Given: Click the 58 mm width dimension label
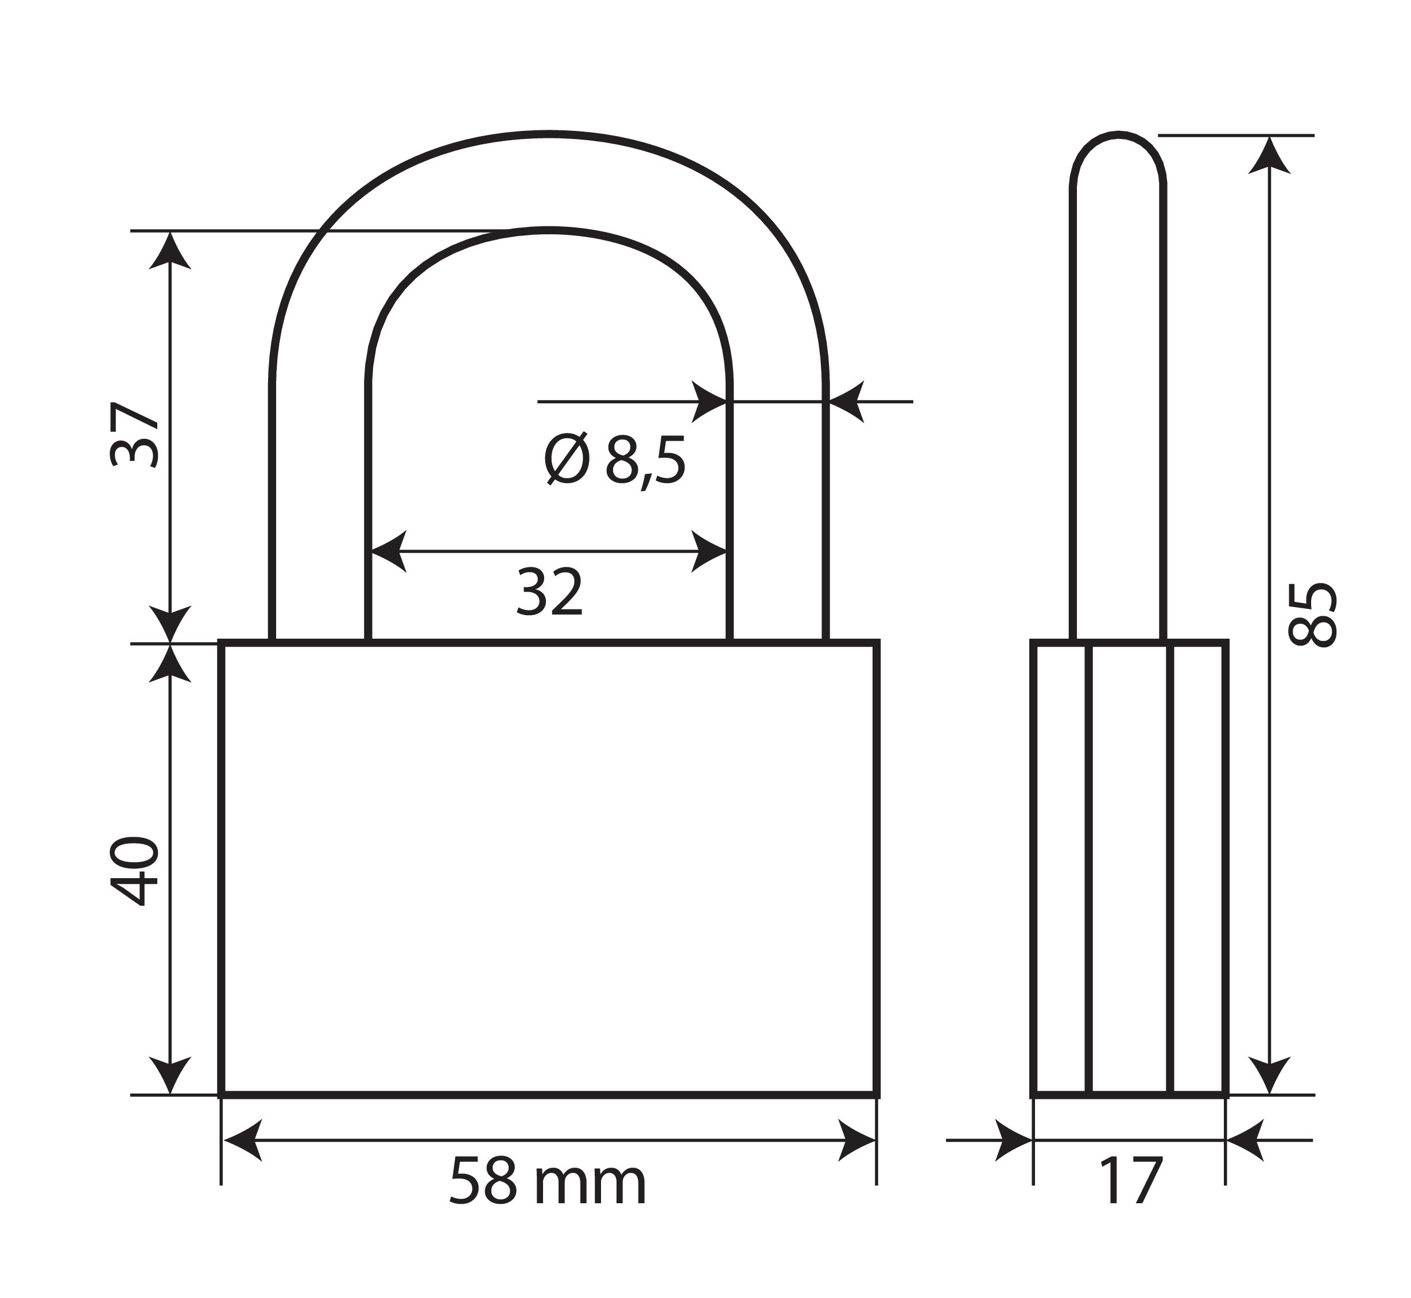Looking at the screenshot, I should [x=547, y=1182].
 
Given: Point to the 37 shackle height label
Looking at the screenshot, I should [x=135, y=435].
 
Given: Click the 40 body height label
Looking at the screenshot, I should [x=135, y=870].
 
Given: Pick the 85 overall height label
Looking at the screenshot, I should [x=1313, y=614].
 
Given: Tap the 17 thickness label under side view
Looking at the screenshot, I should [x=1130, y=1182].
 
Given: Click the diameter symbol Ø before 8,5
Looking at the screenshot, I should [x=566, y=460].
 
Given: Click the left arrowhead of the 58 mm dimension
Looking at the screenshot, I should [x=241, y=1141].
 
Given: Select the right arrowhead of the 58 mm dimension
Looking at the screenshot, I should [x=858, y=1141].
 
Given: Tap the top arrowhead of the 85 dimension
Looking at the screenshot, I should [x=1270, y=156].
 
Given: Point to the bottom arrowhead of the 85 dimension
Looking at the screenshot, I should [x=1270, y=1075].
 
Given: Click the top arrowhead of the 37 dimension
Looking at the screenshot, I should [x=170, y=252].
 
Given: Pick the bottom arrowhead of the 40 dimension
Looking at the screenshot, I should [x=170, y=1075].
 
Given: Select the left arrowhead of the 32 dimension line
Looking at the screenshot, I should [x=388, y=551].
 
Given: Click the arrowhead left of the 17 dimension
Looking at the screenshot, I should [x=1014, y=1141].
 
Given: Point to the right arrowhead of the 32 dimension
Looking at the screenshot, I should [x=708, y=551].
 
